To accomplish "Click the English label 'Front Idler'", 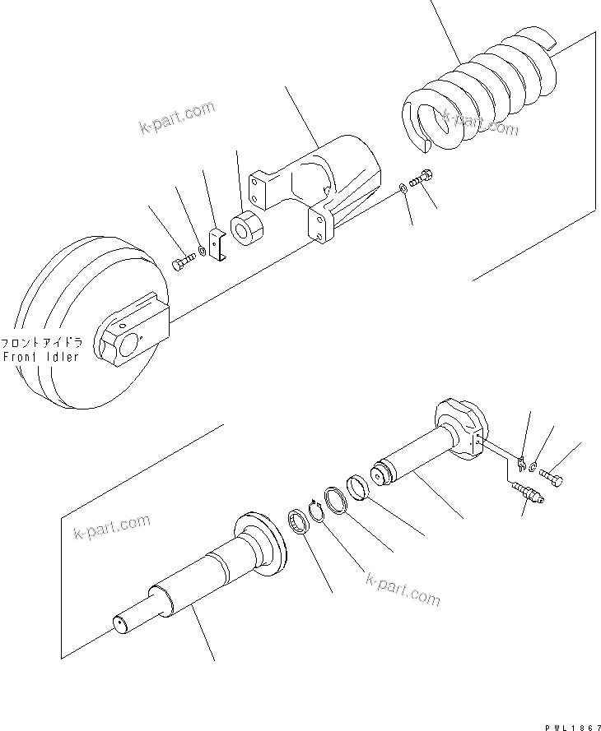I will [x=41, y=357].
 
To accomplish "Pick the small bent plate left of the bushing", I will [x=218, y=248].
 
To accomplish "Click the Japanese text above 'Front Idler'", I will [x=41, y=343].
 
